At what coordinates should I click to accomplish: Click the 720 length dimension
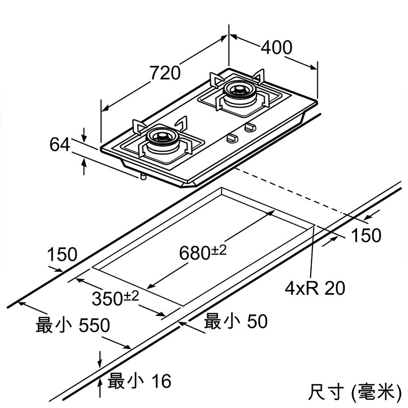click(165, 73)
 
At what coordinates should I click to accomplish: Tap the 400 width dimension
click(276, 47)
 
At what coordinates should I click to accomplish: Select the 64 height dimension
click(59, 145)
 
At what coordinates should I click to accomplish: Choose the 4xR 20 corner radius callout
click(315, 288)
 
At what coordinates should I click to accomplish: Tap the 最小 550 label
click(72, 325)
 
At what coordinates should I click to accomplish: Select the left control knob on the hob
click(232, 137)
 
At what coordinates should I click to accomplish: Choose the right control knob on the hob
click(250, 126)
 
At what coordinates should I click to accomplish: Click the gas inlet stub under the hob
click(143, 176)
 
